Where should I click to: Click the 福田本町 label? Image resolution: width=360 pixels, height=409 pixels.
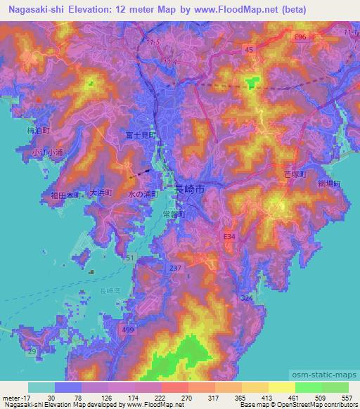coord(65,196)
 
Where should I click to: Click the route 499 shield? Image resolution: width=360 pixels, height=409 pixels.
coord(125,328)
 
